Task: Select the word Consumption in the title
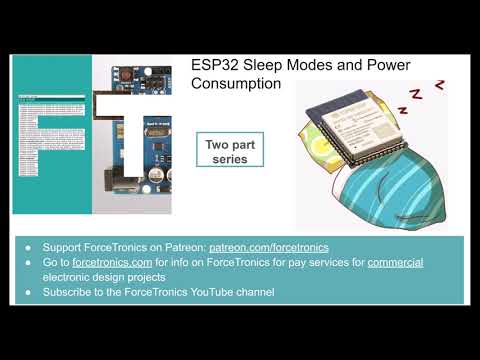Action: (x=237, y=85)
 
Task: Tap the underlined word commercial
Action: (x=395, y=262)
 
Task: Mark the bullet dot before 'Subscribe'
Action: (x=28, y=292)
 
